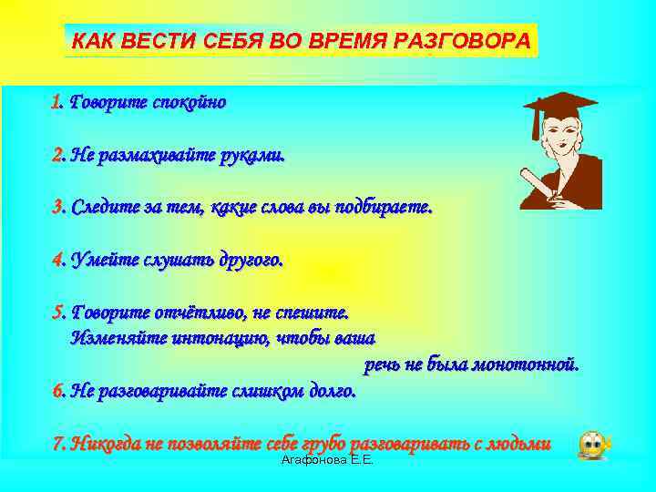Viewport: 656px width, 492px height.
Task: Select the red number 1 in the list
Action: (x=56, y=102)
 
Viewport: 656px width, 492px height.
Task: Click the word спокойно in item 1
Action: (x=190, y=102)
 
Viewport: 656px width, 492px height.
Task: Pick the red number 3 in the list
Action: (x=56, y=208)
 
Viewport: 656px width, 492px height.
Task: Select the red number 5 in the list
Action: (x=56, y=313)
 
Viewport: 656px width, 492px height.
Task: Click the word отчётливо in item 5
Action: (x=200, y=313)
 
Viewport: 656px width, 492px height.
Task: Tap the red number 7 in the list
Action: (x=56, y=444)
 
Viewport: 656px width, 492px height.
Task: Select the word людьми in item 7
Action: (x=518, y=444)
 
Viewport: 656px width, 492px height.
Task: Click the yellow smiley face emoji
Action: (x=593, y=444)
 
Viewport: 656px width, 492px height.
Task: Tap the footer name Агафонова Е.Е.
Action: (x=328, y=462)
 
